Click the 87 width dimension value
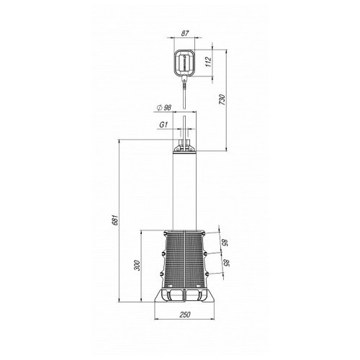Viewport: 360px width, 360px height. pos(184,33)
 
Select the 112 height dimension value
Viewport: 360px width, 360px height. pos(208,62)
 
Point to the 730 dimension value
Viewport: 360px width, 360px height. pos(222,100)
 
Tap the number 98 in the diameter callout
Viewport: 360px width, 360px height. pos(168,108)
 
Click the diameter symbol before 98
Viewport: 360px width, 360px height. pos(159,108)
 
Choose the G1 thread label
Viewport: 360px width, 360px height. pos(163,125)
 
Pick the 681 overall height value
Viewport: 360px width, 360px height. pos(115,220)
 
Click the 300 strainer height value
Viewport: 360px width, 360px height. pos(137,265)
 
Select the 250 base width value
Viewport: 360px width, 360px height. pos(184,315)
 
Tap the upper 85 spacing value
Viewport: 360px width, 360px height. pos(224,243)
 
